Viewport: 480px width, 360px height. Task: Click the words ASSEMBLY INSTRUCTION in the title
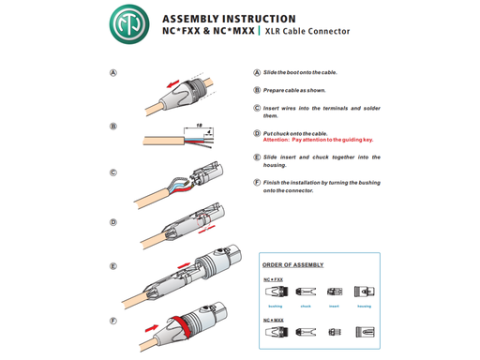(229, 18)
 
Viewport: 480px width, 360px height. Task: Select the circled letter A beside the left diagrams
(113, 73)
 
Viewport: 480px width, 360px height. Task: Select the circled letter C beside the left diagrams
(113, 172)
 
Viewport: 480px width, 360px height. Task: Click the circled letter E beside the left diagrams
(113, 266)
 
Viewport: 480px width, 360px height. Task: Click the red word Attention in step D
(280, 140)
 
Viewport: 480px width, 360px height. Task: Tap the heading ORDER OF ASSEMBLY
(293, 265)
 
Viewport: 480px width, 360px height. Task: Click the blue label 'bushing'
(275, 306)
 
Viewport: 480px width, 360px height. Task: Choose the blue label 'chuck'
(305, 306)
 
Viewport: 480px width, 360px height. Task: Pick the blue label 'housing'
(364, 306)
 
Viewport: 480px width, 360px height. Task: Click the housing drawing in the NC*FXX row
(364, 292)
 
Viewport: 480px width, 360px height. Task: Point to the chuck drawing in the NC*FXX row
(306, 292)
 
